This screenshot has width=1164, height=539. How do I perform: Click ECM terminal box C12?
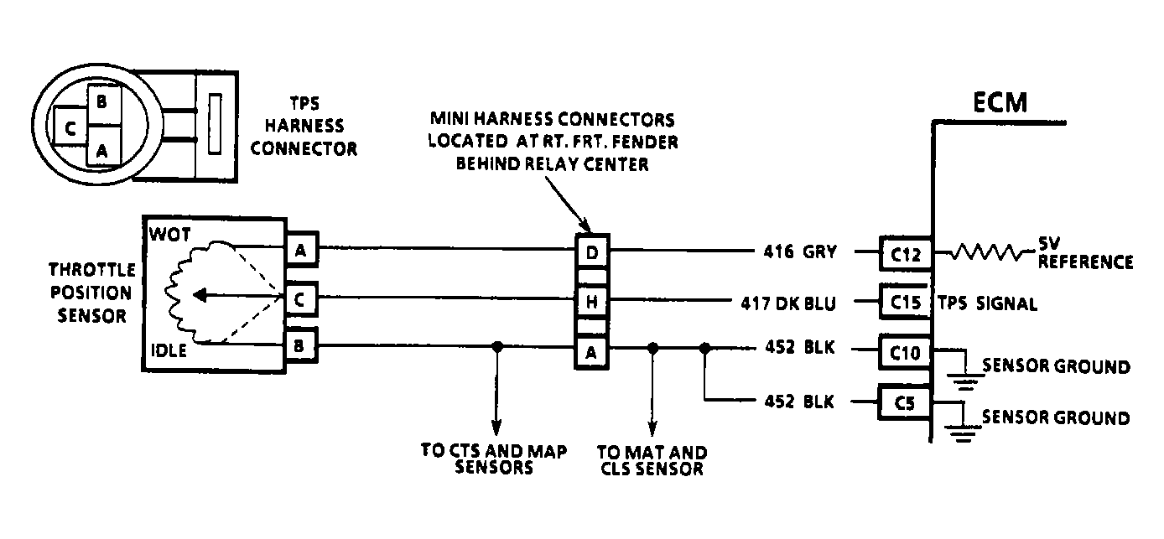(x=905, y=253)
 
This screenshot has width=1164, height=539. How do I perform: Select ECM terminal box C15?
(x=905, y=302)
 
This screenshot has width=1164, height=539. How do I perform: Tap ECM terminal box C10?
(x=905, y=353)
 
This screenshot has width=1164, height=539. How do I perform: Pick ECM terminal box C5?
(x=905, y=402)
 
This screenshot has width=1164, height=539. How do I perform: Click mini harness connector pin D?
(x=592, y=252)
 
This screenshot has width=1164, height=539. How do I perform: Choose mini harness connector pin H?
(x=592, y=301)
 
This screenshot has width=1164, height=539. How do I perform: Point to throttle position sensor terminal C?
(x=299, y=299)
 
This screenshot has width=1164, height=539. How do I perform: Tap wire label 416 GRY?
(x=800, y=251)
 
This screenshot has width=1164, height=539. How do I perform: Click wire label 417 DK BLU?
(x=788, y=303)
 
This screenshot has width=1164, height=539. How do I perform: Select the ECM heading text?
(x=1000, y=102)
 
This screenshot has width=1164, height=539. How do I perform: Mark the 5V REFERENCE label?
(x=1085, y=253)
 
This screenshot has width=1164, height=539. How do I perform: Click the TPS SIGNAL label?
(x=987, y=303)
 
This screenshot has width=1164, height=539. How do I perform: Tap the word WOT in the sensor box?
(x=169, y=235)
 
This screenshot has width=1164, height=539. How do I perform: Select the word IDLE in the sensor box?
(x=169, y=350)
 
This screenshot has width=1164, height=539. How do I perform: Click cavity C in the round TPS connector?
(x=70, y=127)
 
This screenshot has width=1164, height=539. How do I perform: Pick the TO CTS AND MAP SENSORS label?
(x=494, y=459)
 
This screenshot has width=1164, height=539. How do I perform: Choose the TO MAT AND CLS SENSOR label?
(x=652, y=460)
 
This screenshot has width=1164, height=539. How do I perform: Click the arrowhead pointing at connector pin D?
(x=585, y=225)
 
